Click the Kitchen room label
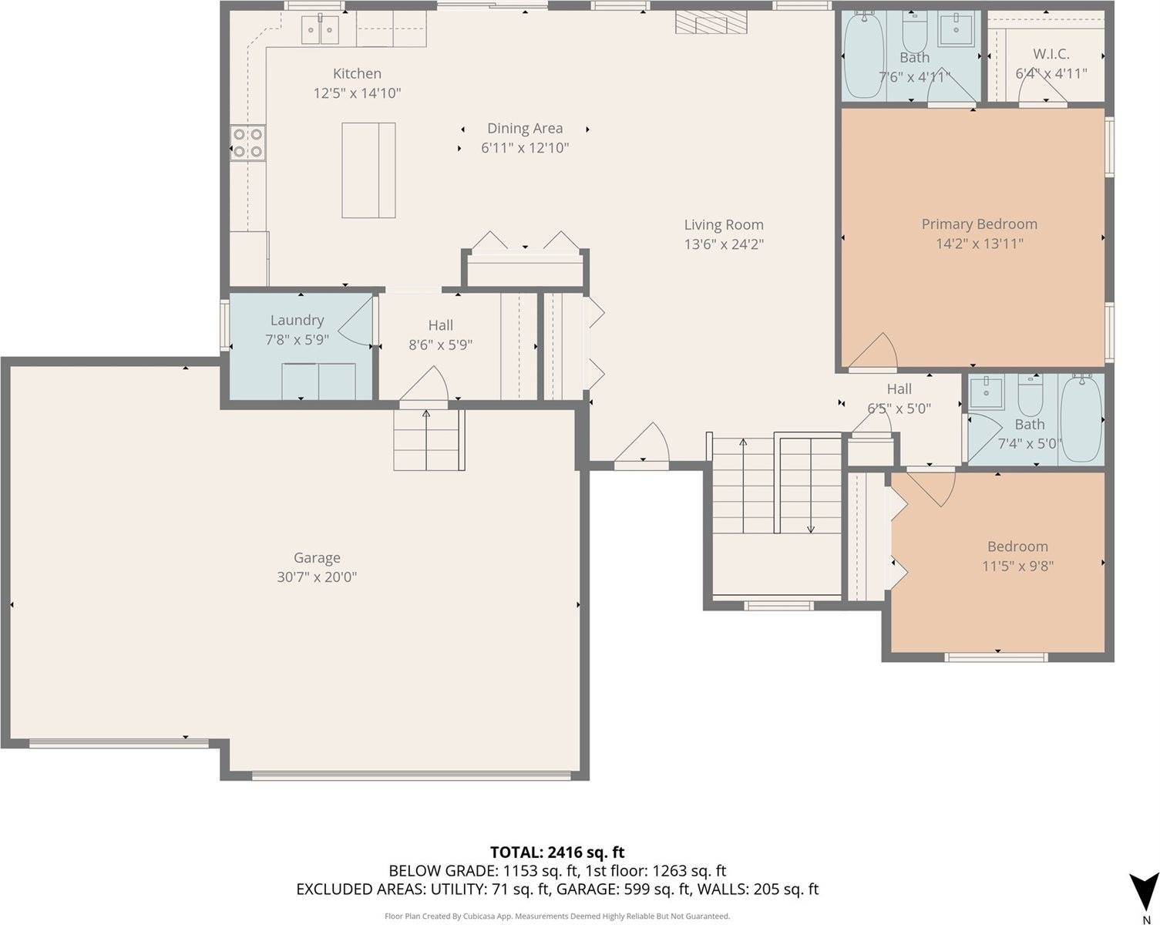pyautogui.click(x=357, y=74)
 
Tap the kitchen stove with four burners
pyautogui.click(x=247, y=143)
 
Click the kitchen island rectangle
pyautogui.click(x=368, y=170)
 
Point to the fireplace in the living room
pyautogui.click(x=712, y=24)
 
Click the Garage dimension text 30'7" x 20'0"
pyautogui.click(x=317, y=577)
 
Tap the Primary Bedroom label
pyautogui.click(x=979, y=224)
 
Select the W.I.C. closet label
pyautogui.click(x=1051, y=54)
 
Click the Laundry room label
pyautogui.click(x=297, y=321)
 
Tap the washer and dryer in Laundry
pyautogui.click(x=318, y=382)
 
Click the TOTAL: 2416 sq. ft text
pyautogui.click(x=556, y=853)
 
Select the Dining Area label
pyautogui.click(x=525, y=129)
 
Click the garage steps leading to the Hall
pyautogui.click(x=429, y=439)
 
